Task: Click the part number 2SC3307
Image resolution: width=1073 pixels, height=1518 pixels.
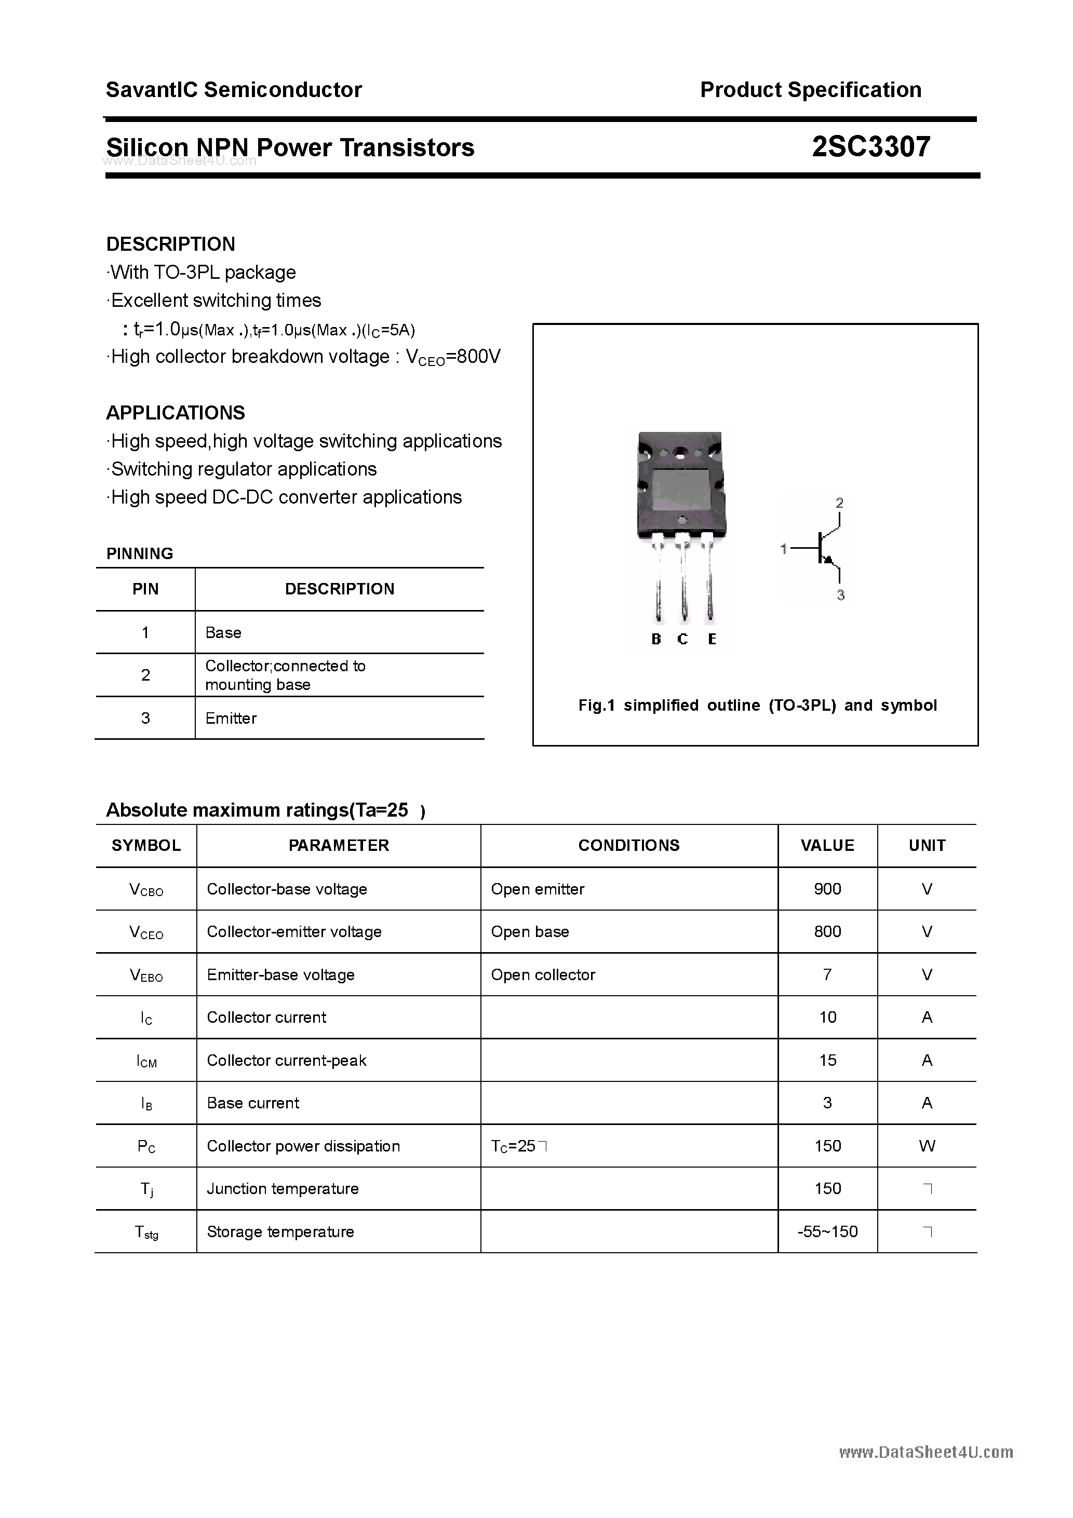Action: pyautogui.click(x=870, y=147)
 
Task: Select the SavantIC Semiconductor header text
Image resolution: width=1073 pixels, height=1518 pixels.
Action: pyautogui.click(x=234, y=89)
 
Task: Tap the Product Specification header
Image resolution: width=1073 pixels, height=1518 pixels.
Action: pyautogui.click(x=810, y=89)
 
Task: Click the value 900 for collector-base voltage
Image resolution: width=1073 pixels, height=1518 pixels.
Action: pyautogui.click(x=827, y=889)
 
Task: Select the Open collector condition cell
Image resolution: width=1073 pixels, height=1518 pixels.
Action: pyautogui.click(x=542, y=974)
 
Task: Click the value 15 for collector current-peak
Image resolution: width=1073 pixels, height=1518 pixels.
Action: pyautogui.click(x=827, y=1061)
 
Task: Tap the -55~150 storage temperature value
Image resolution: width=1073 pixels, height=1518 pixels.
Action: pyautogui.click(x=827, y=1232)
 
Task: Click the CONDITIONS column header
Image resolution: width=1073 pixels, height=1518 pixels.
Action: pyautogui.click(x=628, y=846)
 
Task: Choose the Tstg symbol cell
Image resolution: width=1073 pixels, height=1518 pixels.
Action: pyautogui.click(x=146, y=1232)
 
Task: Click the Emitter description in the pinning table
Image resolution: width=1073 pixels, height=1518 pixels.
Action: pyautogui.click(x=231, y=718)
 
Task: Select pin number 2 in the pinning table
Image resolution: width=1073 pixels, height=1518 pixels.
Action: pyautogui.click(x=145, y=675)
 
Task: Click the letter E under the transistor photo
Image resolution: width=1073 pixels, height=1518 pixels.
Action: pyautogui.click(x=712, y=639)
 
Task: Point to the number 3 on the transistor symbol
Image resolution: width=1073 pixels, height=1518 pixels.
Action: pyautogui.click(x=840, y=595)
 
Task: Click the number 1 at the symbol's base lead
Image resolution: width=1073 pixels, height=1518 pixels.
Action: pyautogui.click(x=784, y=549)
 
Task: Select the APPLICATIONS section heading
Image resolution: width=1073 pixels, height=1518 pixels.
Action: pyautogui.click(x=176, y=413)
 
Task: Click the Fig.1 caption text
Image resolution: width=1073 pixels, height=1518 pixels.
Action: pyautogui.click(x=757, y=706)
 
